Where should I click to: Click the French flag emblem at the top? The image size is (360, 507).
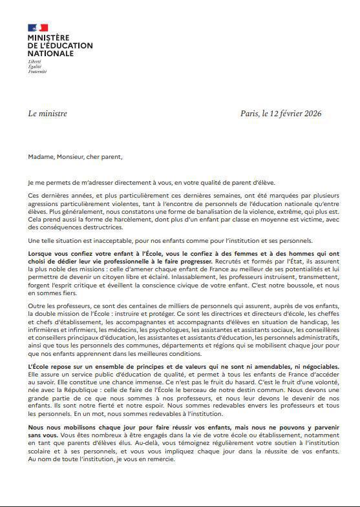37,27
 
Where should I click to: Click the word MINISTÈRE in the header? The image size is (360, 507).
48,39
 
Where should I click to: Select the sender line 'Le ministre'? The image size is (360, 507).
47,114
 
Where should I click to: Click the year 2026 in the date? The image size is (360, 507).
312,114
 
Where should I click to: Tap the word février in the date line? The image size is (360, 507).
287,114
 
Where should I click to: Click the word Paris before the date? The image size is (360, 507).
249,114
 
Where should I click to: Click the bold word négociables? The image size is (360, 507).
316,366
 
